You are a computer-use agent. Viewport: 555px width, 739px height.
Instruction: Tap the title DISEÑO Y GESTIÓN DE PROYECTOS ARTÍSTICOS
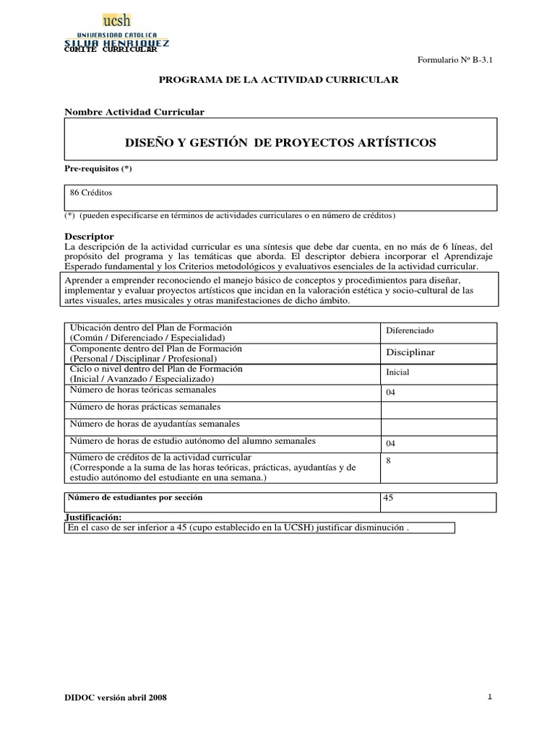click(x=278, y=143)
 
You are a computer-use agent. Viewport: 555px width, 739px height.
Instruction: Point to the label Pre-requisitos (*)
click(x=99, y=169)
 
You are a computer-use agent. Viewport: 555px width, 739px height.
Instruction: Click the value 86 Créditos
click(x=91, y=193)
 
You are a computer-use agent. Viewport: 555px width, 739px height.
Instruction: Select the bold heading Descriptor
click(x=90, y=236)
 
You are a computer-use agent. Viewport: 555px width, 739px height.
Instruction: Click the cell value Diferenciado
click(x=409, y=331)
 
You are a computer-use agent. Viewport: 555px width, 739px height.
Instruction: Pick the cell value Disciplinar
click(x=410, y=351)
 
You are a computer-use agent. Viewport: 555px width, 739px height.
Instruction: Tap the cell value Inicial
click(x=397, y=372)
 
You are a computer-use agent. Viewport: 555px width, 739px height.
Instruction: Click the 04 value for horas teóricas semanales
click(x=391, y=393)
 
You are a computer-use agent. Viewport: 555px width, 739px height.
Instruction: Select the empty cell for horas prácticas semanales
click(x=438, y=409)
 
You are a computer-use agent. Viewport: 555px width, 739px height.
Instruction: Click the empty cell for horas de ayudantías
click(x=438, y=426)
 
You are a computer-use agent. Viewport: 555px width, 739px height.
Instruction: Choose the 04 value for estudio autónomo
click(x=391, y=444)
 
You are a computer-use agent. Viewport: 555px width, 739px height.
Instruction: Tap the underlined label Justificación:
click(x=93, y=517)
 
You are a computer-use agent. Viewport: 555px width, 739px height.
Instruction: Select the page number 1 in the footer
click(x=489, y=697)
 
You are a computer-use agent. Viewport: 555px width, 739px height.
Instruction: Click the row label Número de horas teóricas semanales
click(x=142, y=390)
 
